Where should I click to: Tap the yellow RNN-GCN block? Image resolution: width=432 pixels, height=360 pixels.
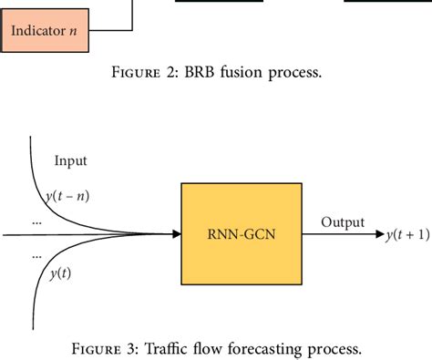pos(240,235)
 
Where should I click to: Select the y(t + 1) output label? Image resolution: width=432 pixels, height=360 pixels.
pos(406,235)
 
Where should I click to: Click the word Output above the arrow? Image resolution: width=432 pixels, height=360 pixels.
pos(344,222)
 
